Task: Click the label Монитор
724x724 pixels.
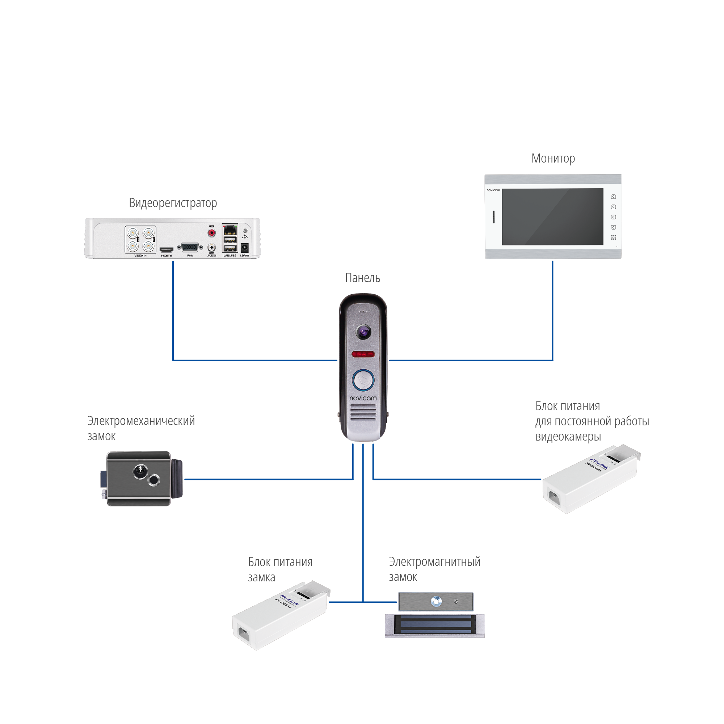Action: [x=553, y=159]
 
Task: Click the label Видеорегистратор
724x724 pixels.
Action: [x=173, y=203]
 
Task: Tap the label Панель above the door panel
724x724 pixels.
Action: [x=362, y=278]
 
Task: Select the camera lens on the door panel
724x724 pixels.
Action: [x=363, y=332]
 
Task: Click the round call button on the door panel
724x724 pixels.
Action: [x=363, y=380]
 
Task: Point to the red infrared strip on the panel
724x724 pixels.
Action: [x=363, y=354]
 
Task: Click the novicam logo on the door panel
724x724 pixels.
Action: [x=363, y=398]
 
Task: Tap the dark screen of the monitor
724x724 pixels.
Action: [x=552, y=216]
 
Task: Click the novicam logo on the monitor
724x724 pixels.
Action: [x=493, y=190]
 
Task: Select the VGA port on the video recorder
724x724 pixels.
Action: [x=190, y=248]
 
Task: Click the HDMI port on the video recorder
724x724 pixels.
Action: [x=167, y=249]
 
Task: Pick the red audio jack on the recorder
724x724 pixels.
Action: [x=212, y=233]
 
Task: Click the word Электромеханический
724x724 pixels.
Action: [x=141, y=421]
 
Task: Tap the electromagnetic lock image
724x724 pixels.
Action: [x=435, y=615]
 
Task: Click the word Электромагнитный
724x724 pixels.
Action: [x=434, y=562]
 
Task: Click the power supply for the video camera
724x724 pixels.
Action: [x=590, y=480]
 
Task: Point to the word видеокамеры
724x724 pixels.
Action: [x=568, y=437]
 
